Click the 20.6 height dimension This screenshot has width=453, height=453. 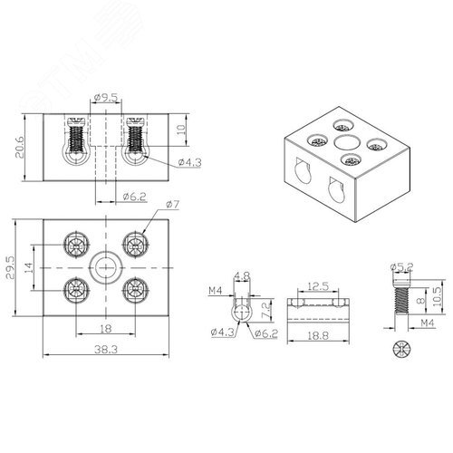tap(20, 147)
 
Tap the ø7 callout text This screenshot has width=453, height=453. tap(173, 205)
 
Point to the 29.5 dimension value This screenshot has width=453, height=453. tap(10, 268)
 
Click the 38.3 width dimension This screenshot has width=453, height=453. tap(106, 350)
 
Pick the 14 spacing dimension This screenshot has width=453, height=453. tap(28, 268)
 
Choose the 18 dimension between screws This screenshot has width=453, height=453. tap(106, 329)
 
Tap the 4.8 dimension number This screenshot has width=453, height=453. tap(242, 275)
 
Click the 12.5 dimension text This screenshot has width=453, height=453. tap(318, 286)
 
